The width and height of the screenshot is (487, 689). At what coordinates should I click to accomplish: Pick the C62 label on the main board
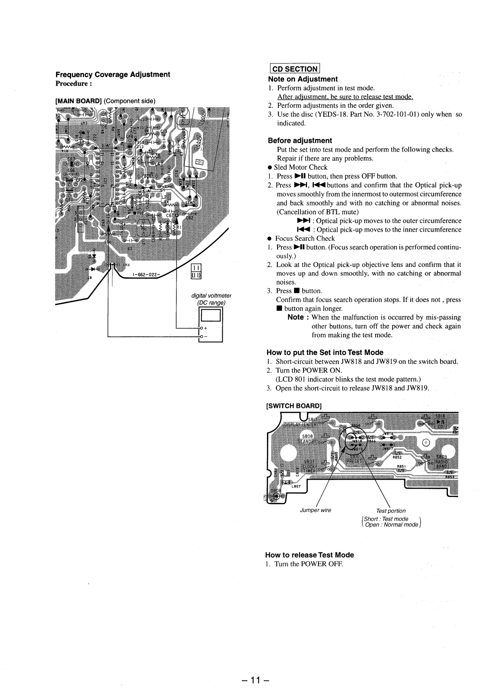click(190, 217)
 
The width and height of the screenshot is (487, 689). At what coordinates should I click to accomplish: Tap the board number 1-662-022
click(145, 275)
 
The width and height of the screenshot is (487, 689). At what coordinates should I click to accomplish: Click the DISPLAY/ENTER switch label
click(300, 425)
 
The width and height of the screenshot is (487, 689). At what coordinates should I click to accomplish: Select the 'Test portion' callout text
click(391, 511)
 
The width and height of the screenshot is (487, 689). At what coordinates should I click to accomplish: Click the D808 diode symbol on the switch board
click(275, 496)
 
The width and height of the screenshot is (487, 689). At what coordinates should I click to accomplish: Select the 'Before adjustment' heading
click(300, 140)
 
